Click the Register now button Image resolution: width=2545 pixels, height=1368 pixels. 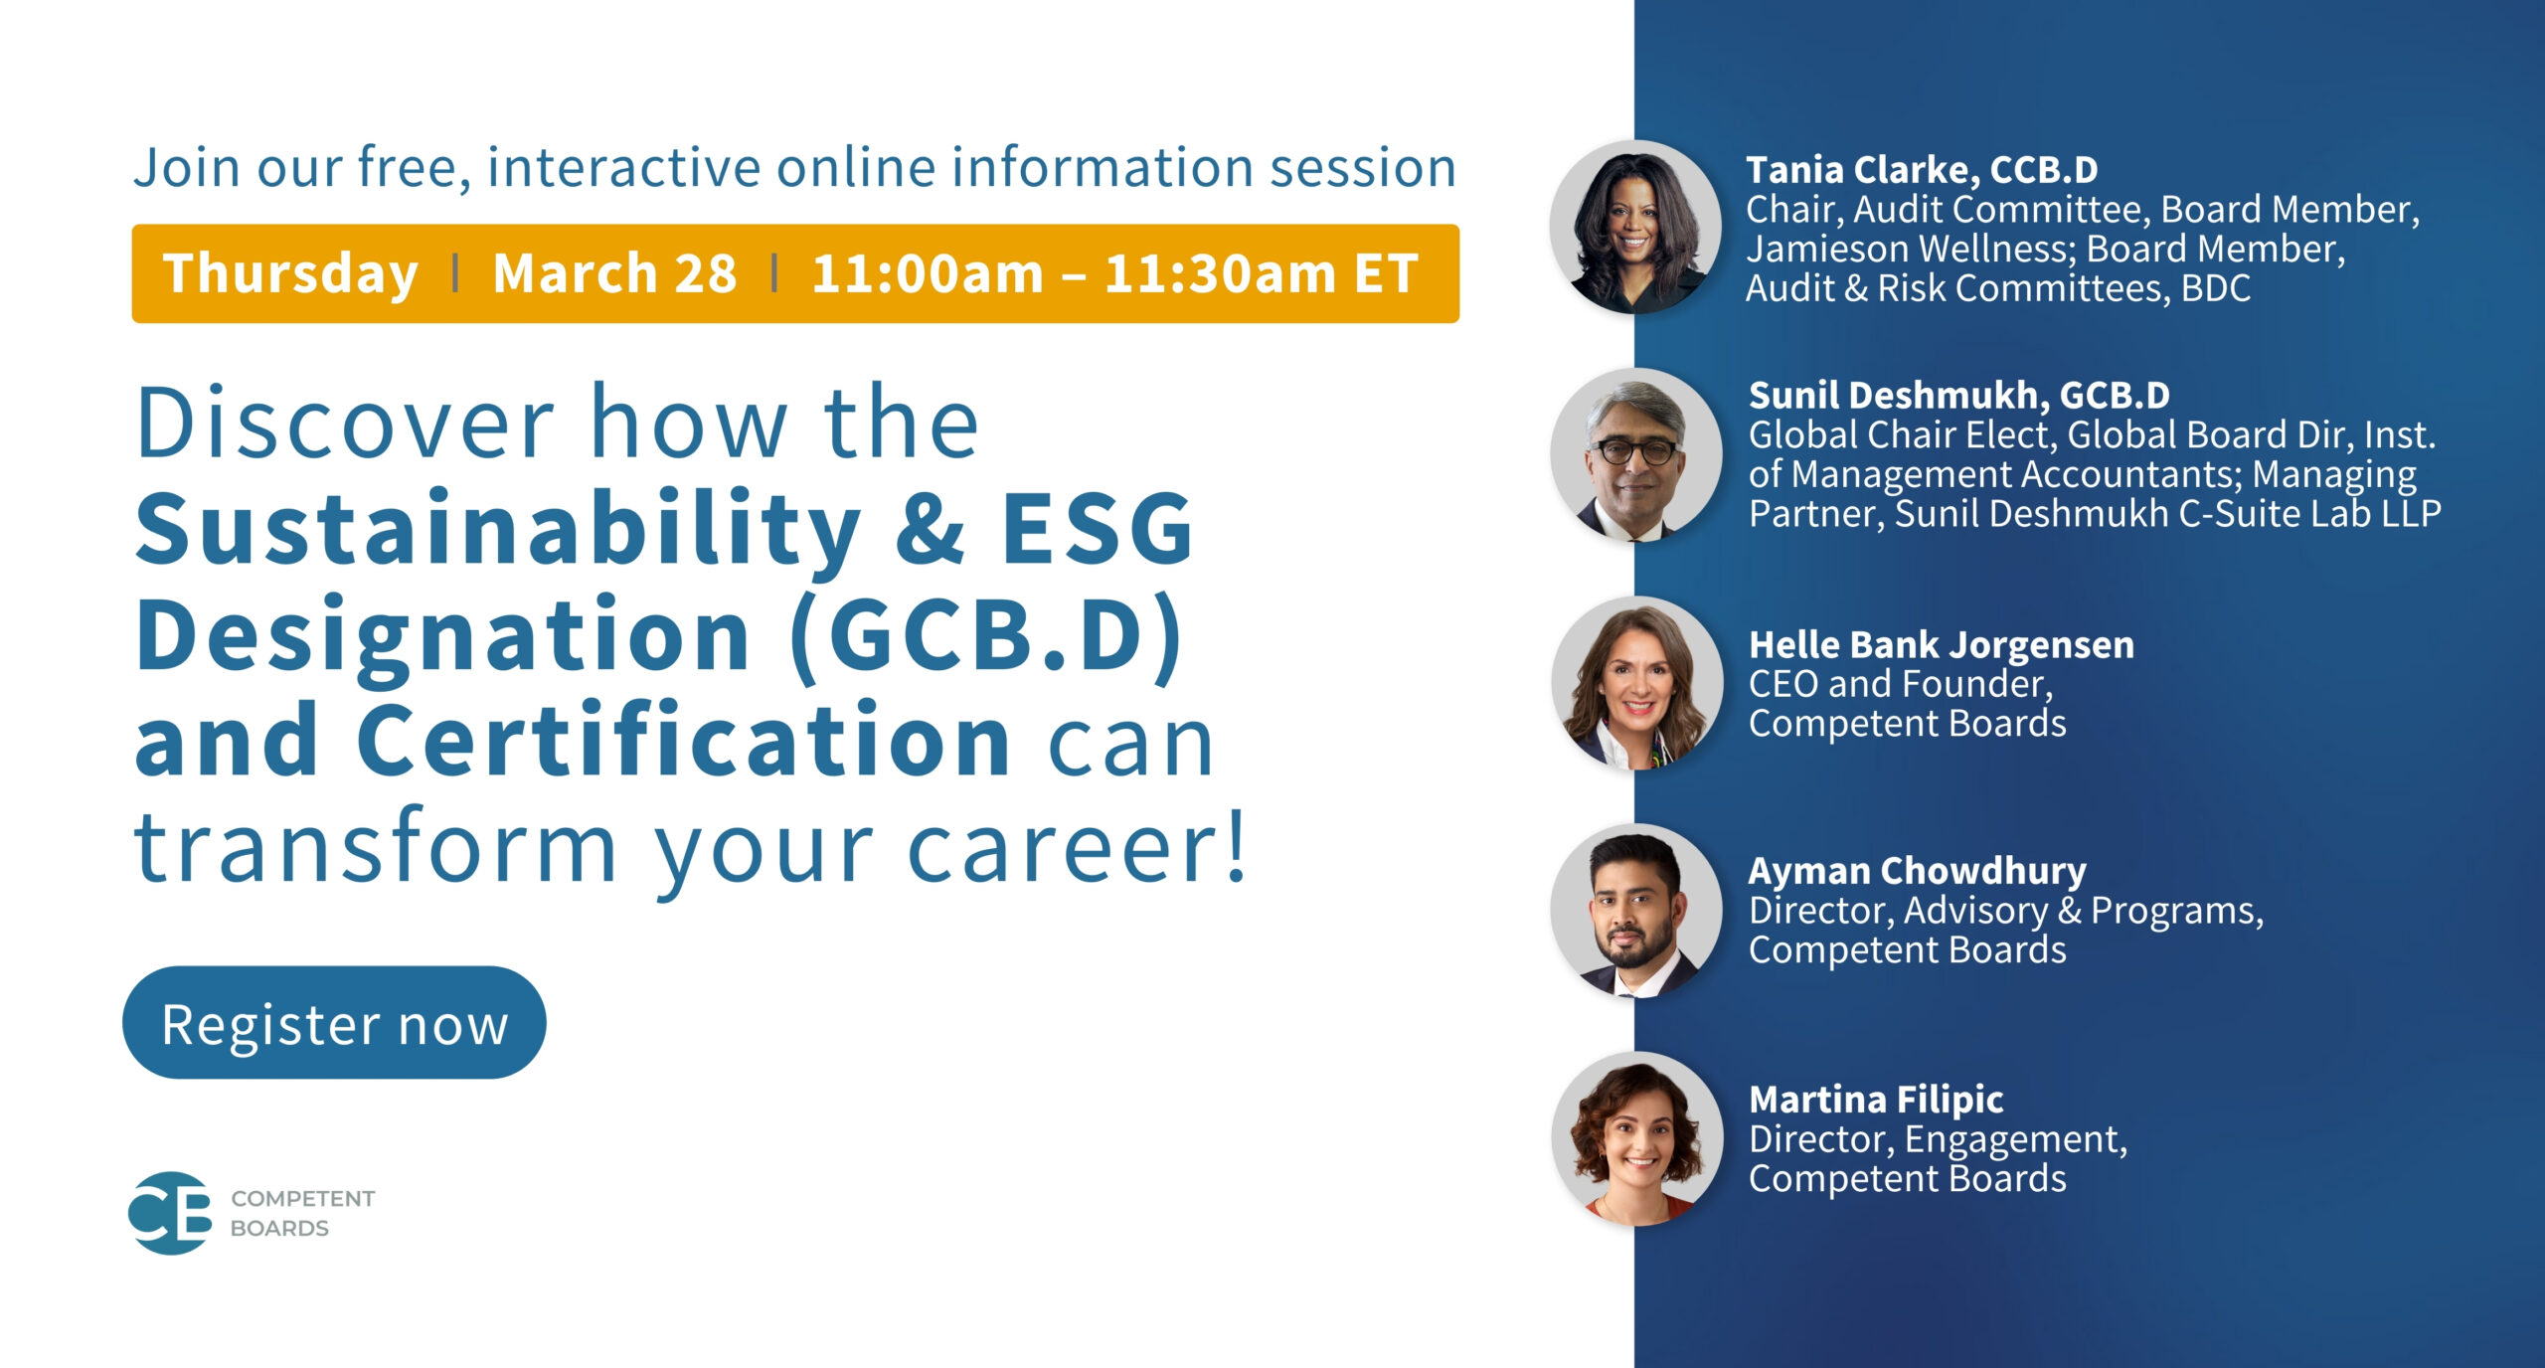pyautogui.click(x=334, y=1023)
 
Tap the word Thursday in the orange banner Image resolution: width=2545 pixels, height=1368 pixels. pyautogui.click(x=290, y=274)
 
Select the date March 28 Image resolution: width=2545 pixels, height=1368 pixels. pyautogui.click(x=614, y=273)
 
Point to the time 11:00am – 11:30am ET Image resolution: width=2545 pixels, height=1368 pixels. pyautogui.click(x=1114, y=273)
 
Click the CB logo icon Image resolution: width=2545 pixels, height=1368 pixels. pyautogui.click(x=170, y=1213)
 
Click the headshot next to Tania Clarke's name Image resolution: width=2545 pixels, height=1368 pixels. pyautogui.click(x=1635, y=227)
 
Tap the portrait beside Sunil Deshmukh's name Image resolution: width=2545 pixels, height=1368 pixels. pyautogui.click(x=1636, y=454)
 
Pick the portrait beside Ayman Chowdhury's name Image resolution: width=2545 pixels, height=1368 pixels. pyautogui.click(x=1636, y=911)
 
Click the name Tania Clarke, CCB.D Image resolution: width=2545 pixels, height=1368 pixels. pyautogui.click(x=1922, y=170)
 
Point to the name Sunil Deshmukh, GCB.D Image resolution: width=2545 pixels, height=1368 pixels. pyautogui.click(x=1958, y=396)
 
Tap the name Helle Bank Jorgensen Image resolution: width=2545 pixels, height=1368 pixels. pyautogui.click(x=1941, y=645)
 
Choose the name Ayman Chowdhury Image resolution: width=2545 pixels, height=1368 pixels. pyautogui.click(x=1917, y=871)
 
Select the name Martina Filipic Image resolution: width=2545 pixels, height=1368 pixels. pyautogui.click(x=1876, y=1100)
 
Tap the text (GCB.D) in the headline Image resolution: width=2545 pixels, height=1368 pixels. pyautogui.click(x=986, y=635)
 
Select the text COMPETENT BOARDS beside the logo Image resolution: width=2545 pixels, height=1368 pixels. pyautogui.click(x=302, y=1213)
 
